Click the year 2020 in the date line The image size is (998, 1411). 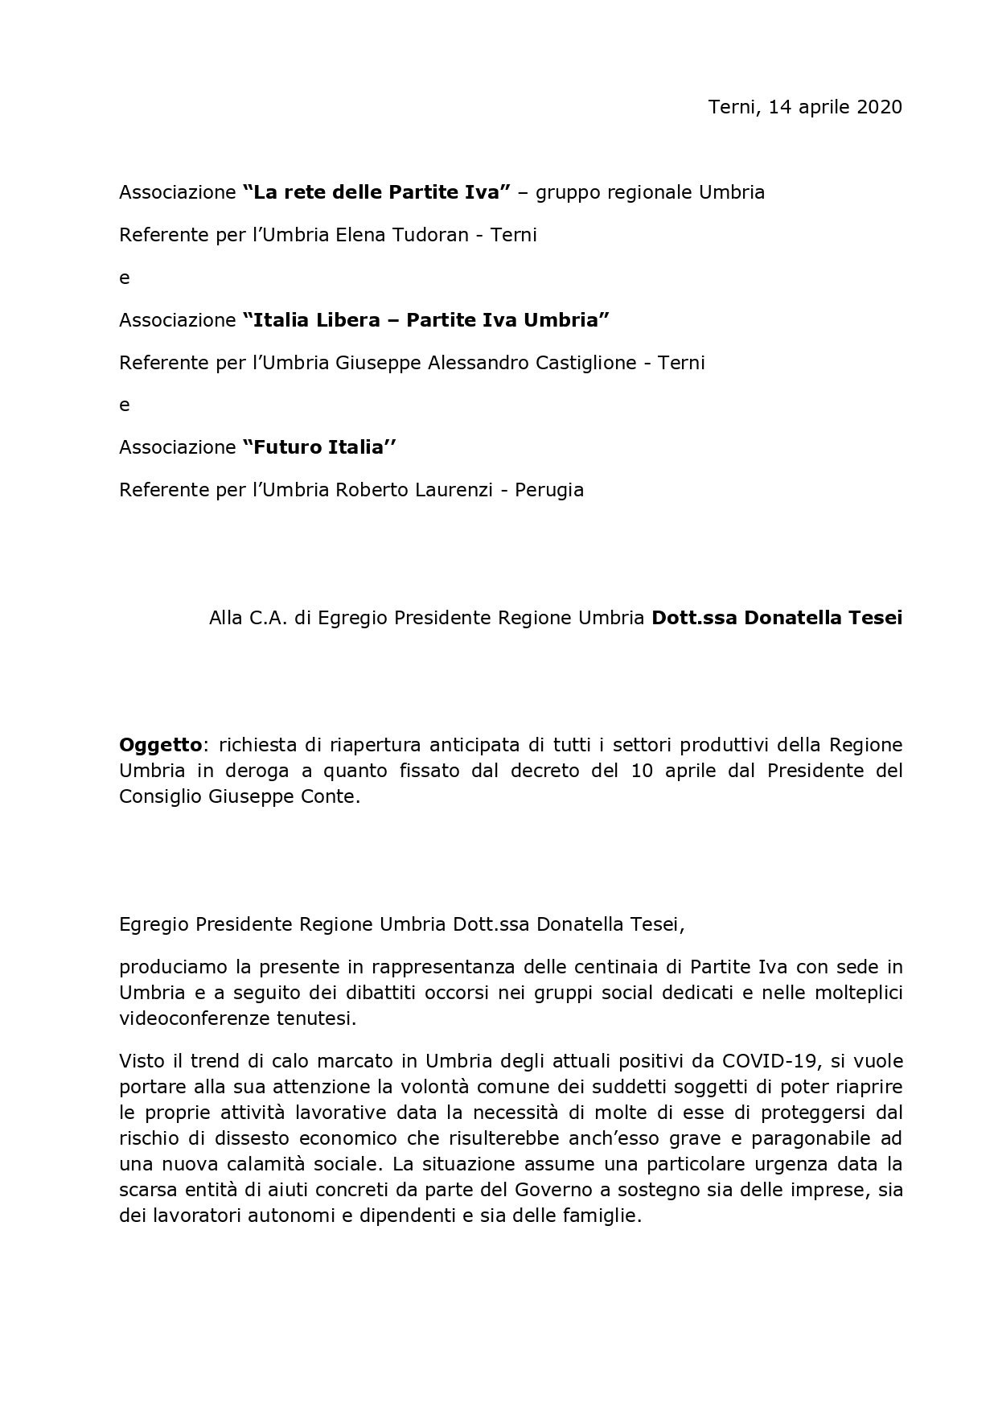tap(879, 107)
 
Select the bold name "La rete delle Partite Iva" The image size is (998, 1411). tap(376, 192)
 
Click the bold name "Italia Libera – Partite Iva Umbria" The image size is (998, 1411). tap(425, 320)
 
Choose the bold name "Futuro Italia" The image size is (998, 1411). tap(319, 447)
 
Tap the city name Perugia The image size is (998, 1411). tap(552, 490)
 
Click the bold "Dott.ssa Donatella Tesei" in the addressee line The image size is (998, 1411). tap(777, 618)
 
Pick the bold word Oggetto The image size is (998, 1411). tap(160, 745)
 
